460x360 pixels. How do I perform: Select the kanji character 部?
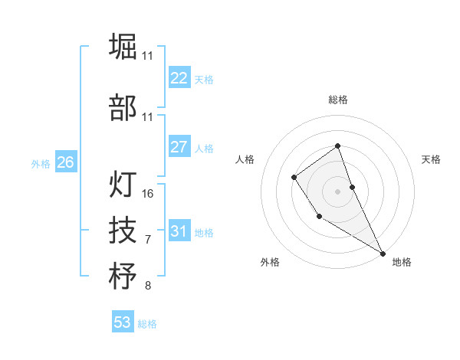123,108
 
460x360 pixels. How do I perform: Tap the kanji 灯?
123,184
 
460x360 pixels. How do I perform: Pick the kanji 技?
123,230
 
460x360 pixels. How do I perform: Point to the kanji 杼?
123,276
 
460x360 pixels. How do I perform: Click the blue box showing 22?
179,78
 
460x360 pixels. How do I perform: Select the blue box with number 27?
179,147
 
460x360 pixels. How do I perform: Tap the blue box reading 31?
179,231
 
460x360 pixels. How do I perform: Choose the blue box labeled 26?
65,162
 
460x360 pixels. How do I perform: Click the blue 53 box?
122,322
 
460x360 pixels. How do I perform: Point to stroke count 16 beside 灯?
148,194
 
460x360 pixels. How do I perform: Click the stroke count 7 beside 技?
148,240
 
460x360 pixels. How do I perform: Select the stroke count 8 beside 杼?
148,286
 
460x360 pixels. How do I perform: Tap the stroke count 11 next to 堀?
147,56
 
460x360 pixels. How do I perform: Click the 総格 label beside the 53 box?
147,324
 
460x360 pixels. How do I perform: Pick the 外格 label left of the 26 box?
41,163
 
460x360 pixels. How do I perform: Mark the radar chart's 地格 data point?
383,253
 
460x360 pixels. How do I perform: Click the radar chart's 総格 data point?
337,146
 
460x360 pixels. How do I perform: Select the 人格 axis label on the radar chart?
245,159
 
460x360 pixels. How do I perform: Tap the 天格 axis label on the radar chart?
431,159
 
